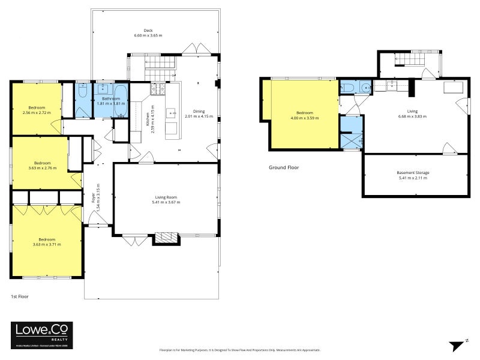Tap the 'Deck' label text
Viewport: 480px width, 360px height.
(x=148, y=31)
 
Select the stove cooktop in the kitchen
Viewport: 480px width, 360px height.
(x=157, y=89)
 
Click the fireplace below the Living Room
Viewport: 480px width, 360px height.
(x=166, y=238)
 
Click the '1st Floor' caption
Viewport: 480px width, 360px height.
(x=20, y=296)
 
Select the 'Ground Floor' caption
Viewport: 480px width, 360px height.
(x=283, y=168)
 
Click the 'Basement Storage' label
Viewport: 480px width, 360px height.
(x=413, y=173)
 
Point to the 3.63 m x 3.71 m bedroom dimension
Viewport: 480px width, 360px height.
(x=46, y=244)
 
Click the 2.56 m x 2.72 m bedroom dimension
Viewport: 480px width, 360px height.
(x=37, y=113)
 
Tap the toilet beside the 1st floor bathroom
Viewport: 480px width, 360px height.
(x=82, y=91)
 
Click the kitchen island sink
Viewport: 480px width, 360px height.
(x=170, y=112)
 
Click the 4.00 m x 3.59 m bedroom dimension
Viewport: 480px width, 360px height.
(x=304, y=118)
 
